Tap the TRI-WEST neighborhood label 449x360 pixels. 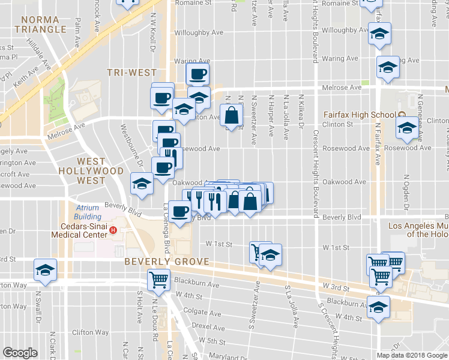tap(131, 73)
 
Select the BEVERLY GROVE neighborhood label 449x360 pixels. tap(167, 262)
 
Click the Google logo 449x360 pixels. tap(20, 353)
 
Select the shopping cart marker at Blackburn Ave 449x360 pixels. tap(158, 278)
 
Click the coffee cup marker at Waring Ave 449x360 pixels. tap(197, 74)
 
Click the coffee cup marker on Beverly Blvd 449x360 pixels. tap(180, 210)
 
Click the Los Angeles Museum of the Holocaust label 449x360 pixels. tap(418, 230)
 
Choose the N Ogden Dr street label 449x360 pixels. tap(406, 193)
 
